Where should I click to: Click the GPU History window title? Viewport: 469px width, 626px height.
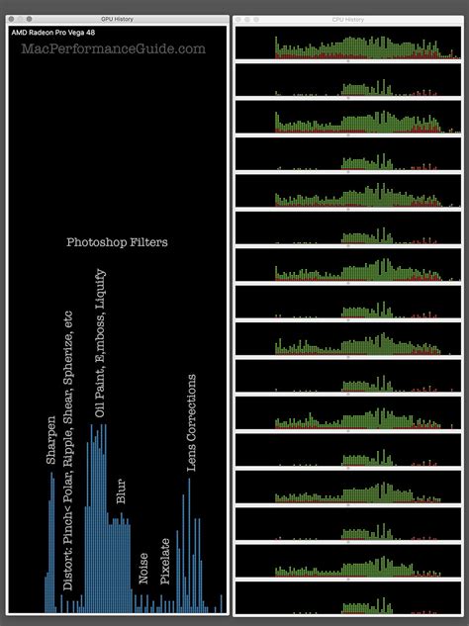[x=117, y=19]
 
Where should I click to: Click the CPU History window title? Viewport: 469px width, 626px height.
[x=348, y=19]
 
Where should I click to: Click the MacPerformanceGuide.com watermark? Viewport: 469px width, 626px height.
[x=114, y=48]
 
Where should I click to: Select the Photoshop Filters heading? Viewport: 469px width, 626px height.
[x=117, y=242]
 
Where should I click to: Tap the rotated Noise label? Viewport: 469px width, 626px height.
[x=143, y=568]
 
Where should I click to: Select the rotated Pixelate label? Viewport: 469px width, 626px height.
[x=165, y=561]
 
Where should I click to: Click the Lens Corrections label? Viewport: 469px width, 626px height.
[x=192, y=422]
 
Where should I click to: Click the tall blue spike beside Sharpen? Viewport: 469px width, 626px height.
[x=51, y=544]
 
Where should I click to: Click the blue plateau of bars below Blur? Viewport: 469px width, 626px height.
[x=119, y=564]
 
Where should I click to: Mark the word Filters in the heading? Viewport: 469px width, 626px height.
[x=145, y=242]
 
